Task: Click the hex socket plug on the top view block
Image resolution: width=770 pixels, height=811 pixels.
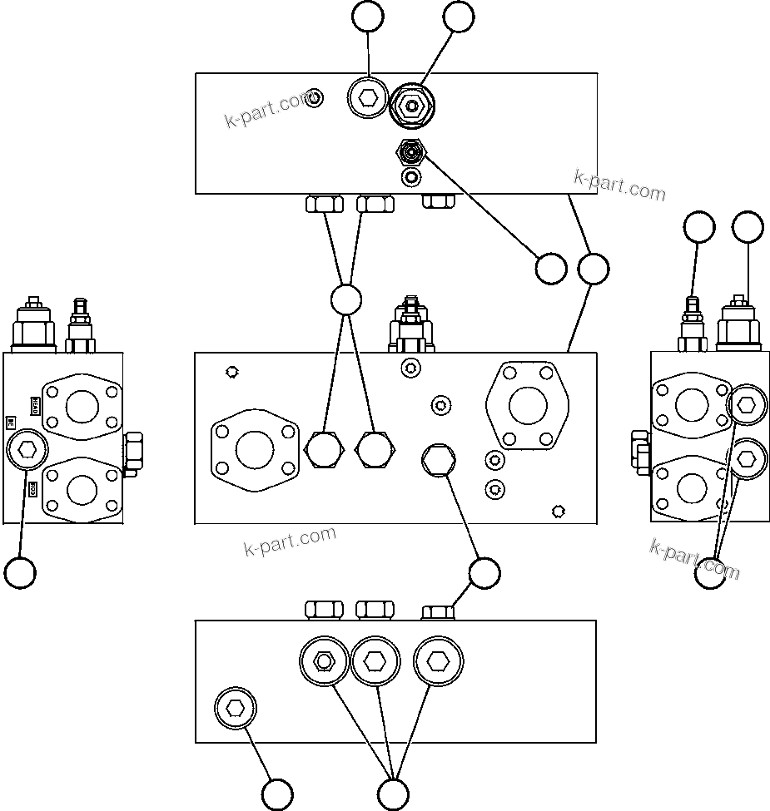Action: click(x=367, y=100)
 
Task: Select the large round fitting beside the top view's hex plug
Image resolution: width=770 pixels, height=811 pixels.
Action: click(x=413, y=106)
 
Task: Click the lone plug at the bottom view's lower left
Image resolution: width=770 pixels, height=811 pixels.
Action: click(x=236, y=709)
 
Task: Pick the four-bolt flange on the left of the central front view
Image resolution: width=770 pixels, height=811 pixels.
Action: click(x=255, y=450)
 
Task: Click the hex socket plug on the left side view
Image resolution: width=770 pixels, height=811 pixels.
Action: click(x=27, y=450)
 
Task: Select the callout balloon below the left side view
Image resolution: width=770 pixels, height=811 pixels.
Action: click(x=19, y=572)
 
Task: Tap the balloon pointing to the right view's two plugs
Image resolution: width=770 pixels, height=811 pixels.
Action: click(x=710, y=572)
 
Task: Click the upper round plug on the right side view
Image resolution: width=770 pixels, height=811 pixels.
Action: click(x=746, y=405)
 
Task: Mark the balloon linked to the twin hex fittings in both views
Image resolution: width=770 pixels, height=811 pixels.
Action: click(x=345, y=299)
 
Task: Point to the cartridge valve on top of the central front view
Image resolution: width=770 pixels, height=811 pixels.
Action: click(x=410, y=326)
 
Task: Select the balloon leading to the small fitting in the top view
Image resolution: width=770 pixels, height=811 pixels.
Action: click(x=550, y=269)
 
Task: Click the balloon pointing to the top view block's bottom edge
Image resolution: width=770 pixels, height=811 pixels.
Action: click(x=593, y=269)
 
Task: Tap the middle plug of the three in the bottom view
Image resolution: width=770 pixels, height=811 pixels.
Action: click(x=375, y=661)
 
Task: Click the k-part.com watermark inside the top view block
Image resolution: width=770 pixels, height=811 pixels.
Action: click(x=268, y=111)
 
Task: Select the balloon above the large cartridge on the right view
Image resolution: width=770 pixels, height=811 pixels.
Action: click(x=748, y=227)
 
